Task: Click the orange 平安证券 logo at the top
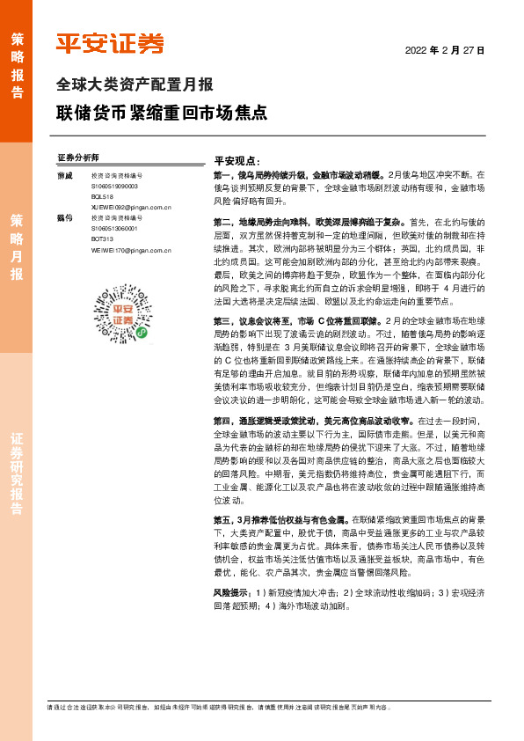point(110,43)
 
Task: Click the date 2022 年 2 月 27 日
point(445,50)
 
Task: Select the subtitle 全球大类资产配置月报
point(135,85)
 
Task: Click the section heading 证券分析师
point(78,158)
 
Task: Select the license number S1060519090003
point(114,187)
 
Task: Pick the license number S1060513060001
point(114,229)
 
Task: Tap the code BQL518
point(103,197)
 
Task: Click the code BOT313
point(103,239)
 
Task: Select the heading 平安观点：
point(237,162)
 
